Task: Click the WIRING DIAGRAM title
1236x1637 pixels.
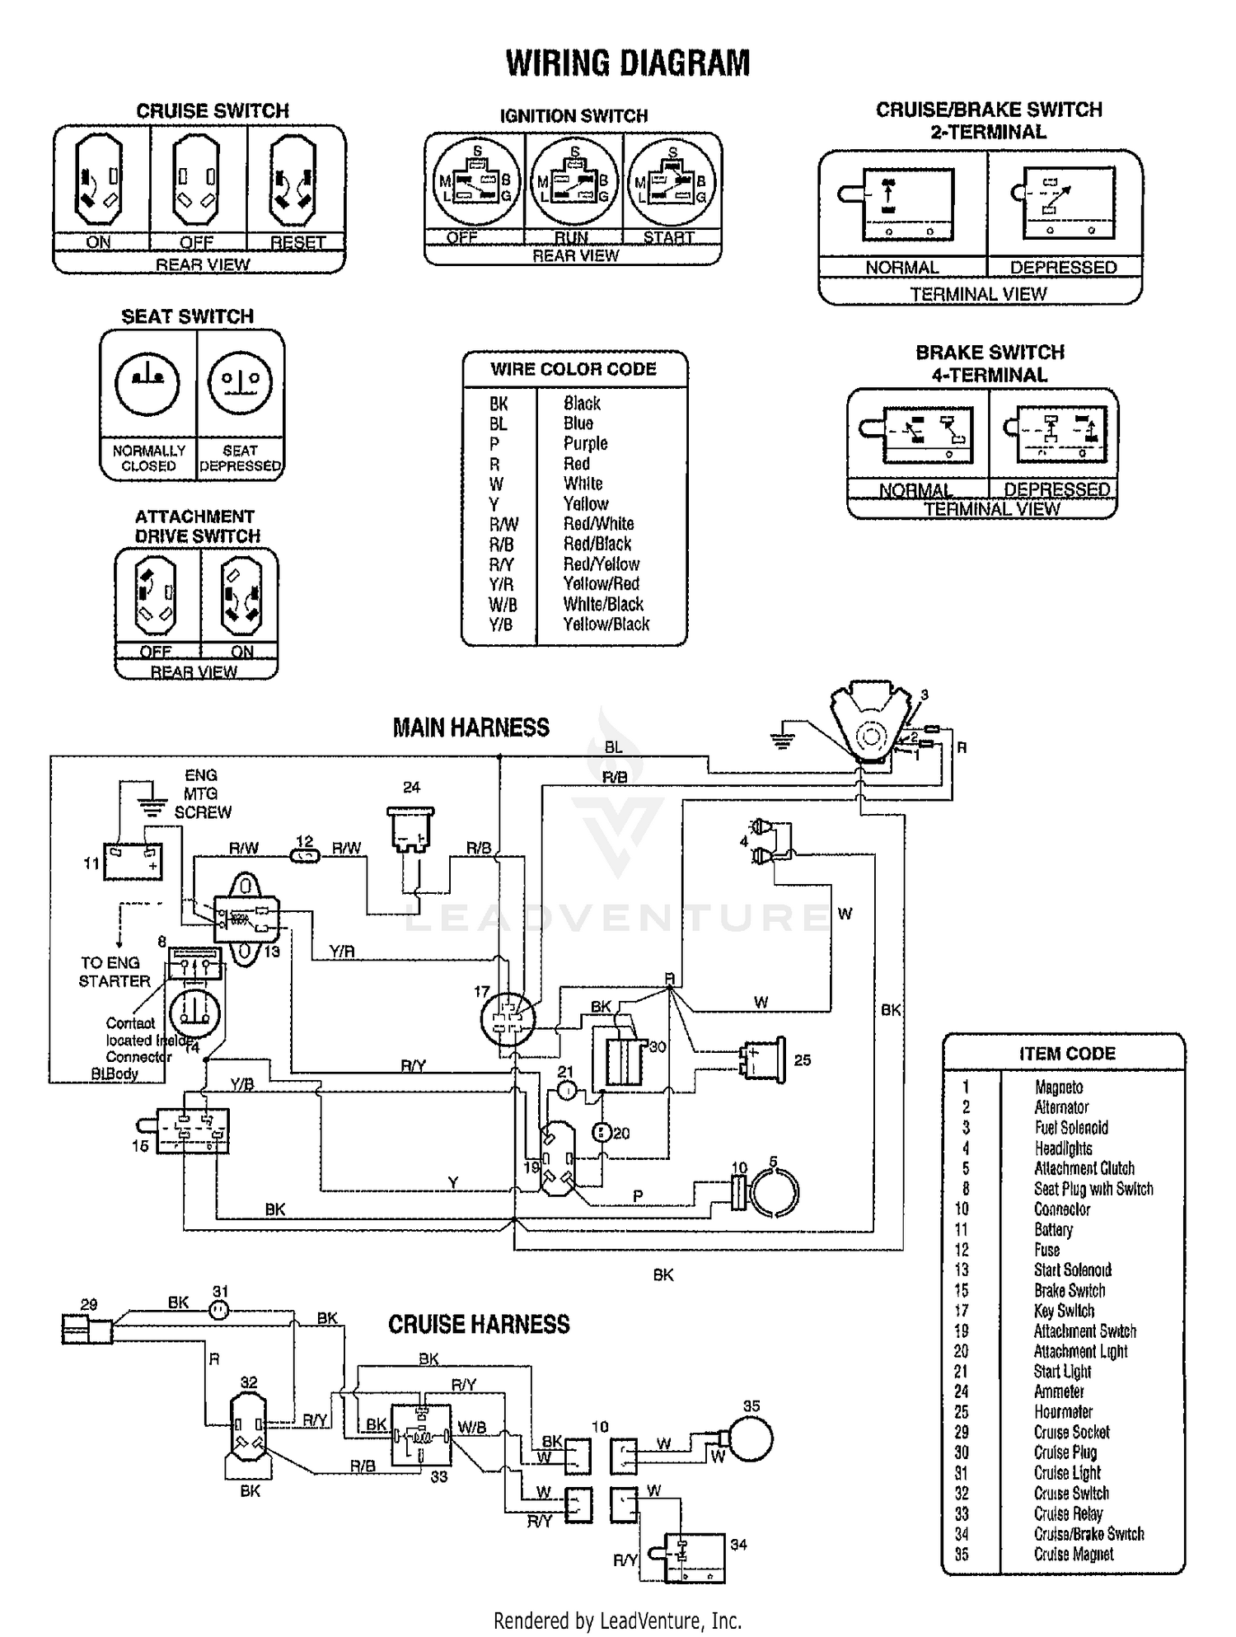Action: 627,63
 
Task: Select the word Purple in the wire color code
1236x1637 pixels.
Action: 585,443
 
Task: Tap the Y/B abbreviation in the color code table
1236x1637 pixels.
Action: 500,624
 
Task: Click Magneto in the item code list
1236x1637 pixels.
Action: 1058,1087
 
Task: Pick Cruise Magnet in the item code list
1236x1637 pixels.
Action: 1073,1554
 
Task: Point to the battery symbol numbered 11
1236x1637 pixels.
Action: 133,862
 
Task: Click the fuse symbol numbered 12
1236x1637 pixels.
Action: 306,857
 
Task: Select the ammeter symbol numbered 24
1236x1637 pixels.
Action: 410,828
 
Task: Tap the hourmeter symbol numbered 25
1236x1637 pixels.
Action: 765,1060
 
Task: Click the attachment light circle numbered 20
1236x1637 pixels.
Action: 602,1133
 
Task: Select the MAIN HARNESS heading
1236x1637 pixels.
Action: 471,727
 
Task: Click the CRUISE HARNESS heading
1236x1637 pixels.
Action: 479,1325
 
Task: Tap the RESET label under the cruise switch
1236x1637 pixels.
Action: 297,242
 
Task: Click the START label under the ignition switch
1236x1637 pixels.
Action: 668,237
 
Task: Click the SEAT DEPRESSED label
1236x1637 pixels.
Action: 241,458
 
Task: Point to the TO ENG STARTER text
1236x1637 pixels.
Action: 115,971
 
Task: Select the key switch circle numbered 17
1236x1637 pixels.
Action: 507,1019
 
